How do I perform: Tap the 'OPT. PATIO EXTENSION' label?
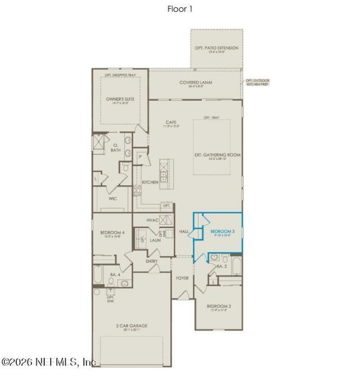tap(217, 48)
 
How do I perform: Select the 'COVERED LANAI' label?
tap(196, 82)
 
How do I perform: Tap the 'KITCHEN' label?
tap(150, 182)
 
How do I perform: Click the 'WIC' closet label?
tap(113, 198)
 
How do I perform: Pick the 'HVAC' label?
tap(153, 220)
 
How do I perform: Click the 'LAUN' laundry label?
tap(155, 240)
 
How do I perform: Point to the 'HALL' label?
tap(183, 231)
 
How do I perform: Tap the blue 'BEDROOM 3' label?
tap(222, 231)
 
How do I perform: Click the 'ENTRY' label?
tap(151, 261)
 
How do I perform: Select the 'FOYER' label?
tap(182, 278)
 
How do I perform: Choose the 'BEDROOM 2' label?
tap(219, 306)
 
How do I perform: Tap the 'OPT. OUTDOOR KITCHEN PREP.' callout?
tap(258, 83)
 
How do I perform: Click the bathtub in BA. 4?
tap(98, 277)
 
